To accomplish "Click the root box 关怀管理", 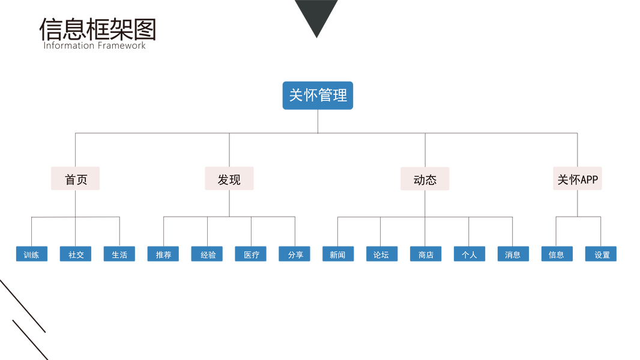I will coord(318,95).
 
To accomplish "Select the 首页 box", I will coord(75,179).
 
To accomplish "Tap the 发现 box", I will coord(229,179).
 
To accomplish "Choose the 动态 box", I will coord(424,179).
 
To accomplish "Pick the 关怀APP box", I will coord(577,179).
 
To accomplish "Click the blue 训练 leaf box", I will coord(32,254).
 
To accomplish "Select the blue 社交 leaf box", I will coord(76,254).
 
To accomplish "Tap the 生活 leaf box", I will coord(119,254).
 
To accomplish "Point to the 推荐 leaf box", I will coord(163,254).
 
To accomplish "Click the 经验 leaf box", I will coord(207,254).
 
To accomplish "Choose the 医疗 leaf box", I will coord(251,254).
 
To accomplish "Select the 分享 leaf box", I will coord(294,254).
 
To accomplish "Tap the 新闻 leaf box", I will coord(338,254).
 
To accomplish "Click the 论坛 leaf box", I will coord(382,254).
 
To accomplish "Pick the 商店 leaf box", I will coord(426,254).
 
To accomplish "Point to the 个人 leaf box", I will coord(469,254).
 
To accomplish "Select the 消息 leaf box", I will coord(513,254).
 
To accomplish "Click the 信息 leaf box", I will coord(557,254).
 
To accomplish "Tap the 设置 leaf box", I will coord(601,254).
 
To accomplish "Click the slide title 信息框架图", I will coord(98,29).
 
